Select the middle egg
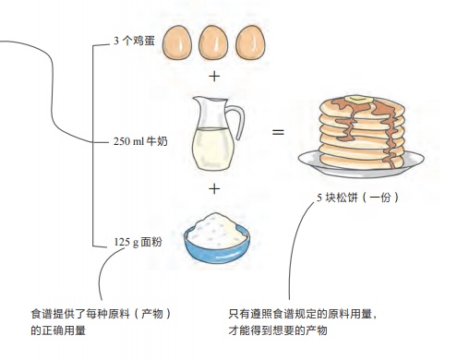[x=213, y=42]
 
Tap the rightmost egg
[x=250, y=42]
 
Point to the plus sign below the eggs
[x=214, y=77]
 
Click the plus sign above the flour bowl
[x=214, y=188]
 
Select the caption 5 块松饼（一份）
[x=356, y=198]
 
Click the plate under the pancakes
[x=365, y=166]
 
